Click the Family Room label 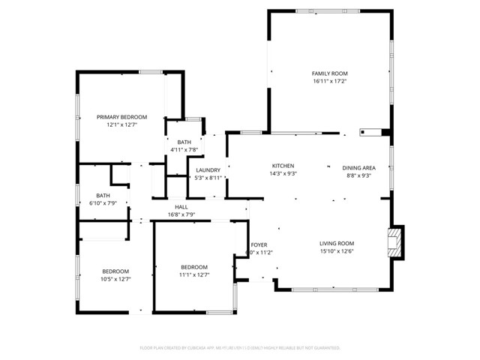(330, 73)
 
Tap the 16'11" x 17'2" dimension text (330, 82)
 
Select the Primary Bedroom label (121, 117)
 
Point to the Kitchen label (283, 166)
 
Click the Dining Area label (358, 168)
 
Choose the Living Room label (337, 243)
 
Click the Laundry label (208, 170)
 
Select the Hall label (181, 207)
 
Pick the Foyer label (259, 245)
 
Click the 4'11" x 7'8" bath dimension (184, 150)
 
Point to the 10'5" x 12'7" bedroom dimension (115, 280)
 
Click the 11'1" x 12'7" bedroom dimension (193, 276)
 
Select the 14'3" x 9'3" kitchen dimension (283, 174)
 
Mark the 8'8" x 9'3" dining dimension (358, 175)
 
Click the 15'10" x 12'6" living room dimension (337, 251)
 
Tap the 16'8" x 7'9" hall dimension (181, 215)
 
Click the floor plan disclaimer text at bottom (240, 348)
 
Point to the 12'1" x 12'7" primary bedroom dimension (121, 125)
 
